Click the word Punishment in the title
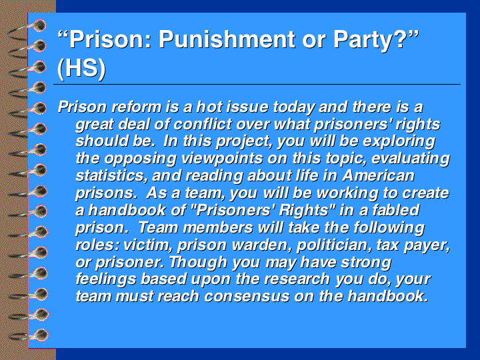[227, 39]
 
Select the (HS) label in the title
[81, 68]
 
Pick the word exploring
[399, 142]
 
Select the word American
[379, 176]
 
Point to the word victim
[146, 245]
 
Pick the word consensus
[247, 297]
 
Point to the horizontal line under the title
[257, 84]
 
